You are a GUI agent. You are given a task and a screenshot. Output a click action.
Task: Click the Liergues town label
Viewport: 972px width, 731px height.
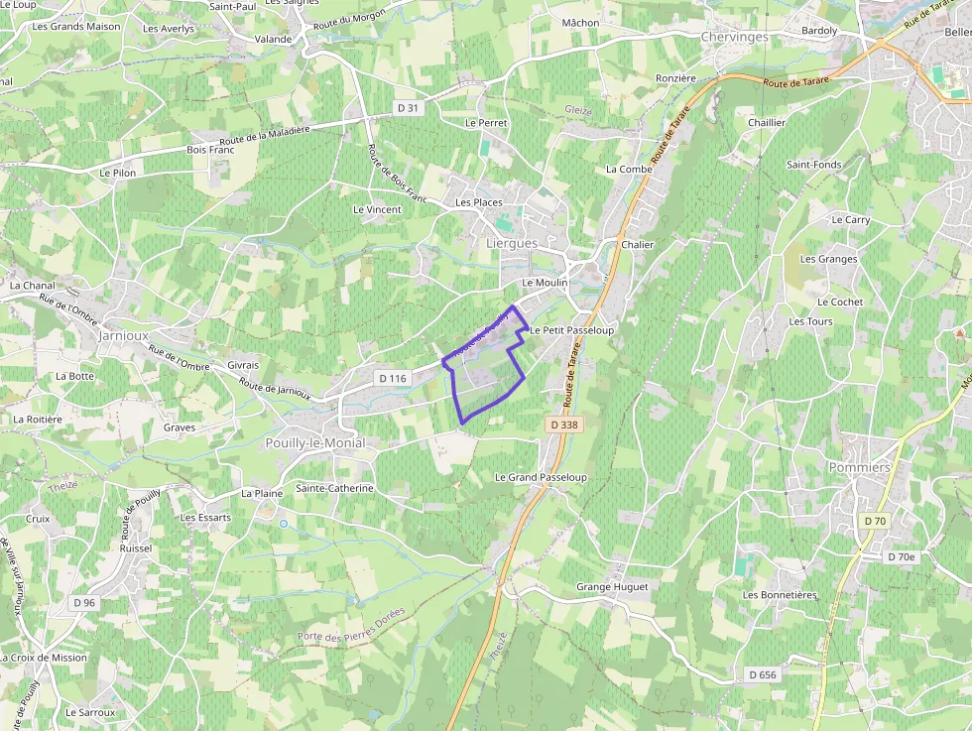512,243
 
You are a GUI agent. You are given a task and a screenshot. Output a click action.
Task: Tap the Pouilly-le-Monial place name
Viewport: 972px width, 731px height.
314,443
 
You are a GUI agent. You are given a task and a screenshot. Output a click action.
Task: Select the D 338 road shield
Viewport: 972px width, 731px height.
562,425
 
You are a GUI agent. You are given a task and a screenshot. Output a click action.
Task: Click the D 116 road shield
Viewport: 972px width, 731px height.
393,379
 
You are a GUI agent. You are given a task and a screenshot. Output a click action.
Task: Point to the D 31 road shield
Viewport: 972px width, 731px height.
408,107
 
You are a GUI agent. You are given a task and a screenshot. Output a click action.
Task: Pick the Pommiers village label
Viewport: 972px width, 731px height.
859,467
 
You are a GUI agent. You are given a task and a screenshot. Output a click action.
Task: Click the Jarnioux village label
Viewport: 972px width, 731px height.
123,336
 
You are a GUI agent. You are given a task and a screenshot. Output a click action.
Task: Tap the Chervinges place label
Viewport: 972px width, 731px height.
734,37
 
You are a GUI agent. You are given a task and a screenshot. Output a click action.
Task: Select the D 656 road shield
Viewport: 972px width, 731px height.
763,674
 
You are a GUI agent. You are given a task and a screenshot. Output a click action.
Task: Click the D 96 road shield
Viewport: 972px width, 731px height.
84,602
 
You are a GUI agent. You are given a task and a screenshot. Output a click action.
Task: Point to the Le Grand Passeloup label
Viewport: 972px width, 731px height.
541,477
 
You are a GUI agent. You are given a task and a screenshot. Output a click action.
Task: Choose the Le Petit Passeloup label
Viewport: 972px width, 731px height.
571,329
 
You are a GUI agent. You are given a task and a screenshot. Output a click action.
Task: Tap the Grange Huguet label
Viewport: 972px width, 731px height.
612,587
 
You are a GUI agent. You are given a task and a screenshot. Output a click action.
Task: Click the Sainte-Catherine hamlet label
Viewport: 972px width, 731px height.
334,488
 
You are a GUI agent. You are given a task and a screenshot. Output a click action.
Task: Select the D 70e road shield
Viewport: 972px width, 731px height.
901,557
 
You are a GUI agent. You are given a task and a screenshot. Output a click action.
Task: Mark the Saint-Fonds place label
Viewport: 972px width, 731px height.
813,165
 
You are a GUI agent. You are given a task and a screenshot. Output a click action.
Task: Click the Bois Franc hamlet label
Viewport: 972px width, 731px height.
210,150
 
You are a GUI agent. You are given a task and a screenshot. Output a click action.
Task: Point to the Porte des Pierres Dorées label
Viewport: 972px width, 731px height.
351,624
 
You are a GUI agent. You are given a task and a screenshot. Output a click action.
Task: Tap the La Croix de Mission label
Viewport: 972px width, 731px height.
44,658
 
